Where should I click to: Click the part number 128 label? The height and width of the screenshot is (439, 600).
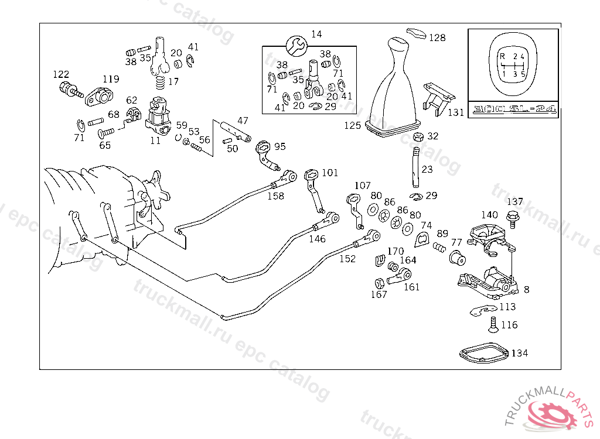tap(437, 38)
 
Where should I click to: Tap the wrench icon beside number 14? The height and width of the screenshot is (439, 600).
tap(296, 43)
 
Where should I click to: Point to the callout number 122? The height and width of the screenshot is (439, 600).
tap(61, 74)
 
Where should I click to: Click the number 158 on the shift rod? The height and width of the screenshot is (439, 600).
tap(275, 196)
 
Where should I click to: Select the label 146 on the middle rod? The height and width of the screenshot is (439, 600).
tap(317, 239)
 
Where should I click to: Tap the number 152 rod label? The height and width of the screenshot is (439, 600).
tap(348, 259)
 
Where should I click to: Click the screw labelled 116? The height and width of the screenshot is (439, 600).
tap(492, 323)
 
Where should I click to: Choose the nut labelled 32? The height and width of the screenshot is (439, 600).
tap(418, 137)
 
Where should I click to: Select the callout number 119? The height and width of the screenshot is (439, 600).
tap(111, 79)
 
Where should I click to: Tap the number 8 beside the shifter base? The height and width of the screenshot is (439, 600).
tap(526, 289)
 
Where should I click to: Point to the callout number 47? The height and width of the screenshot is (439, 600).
tap(243, 121)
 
